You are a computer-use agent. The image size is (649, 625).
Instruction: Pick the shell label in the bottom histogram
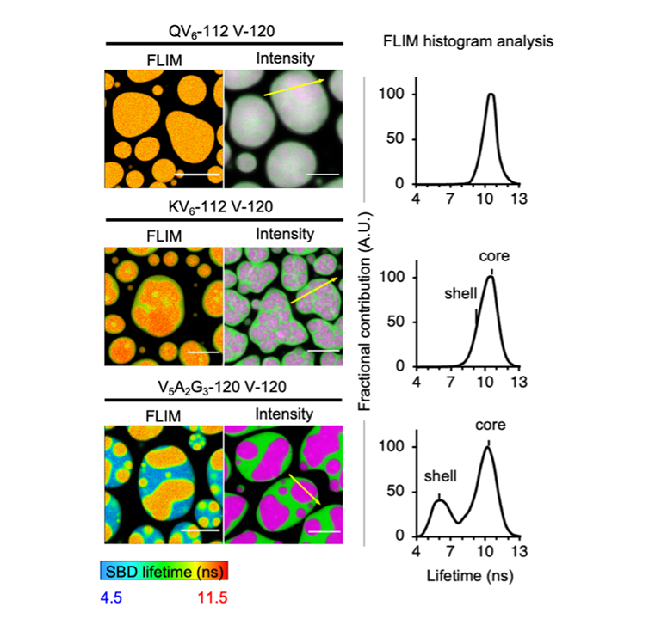(439, 475)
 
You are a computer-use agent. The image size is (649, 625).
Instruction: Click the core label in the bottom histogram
(488, 425)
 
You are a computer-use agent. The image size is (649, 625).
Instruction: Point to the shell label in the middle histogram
(460, 294)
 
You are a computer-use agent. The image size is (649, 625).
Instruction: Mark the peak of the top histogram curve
(491, 95)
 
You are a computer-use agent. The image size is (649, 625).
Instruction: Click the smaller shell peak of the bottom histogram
(439, 499)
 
